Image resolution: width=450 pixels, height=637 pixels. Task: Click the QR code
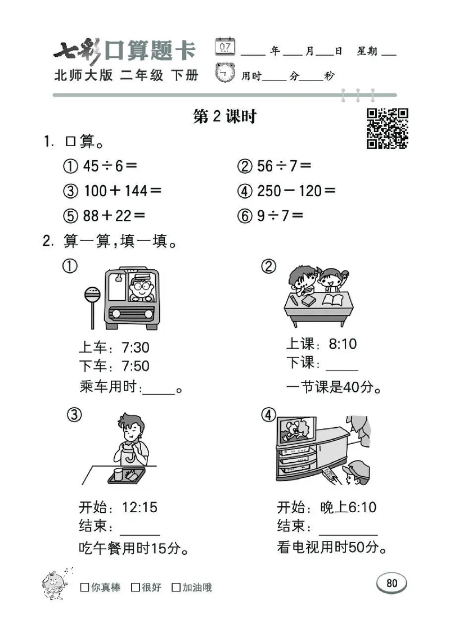(x=388, y=129)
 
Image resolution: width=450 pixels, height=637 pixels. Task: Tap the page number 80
(x=391, y=583)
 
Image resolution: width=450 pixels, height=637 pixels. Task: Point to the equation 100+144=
(x=122, y=191)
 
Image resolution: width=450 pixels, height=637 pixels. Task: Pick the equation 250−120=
(x=296, y=191)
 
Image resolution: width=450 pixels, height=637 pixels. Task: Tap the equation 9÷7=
(x=280, y=215)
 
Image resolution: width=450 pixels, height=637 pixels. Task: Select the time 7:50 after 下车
(x=136, y=366)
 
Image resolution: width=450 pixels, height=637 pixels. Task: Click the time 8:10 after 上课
(x=343, y=344)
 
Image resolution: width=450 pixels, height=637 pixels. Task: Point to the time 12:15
(x=140, y=507)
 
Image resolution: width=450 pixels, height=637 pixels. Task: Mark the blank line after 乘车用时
(x=159, y=389)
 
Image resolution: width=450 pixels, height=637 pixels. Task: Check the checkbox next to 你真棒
(x=84, y=588)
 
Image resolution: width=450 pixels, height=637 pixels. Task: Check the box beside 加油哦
(x=176, y=588)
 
